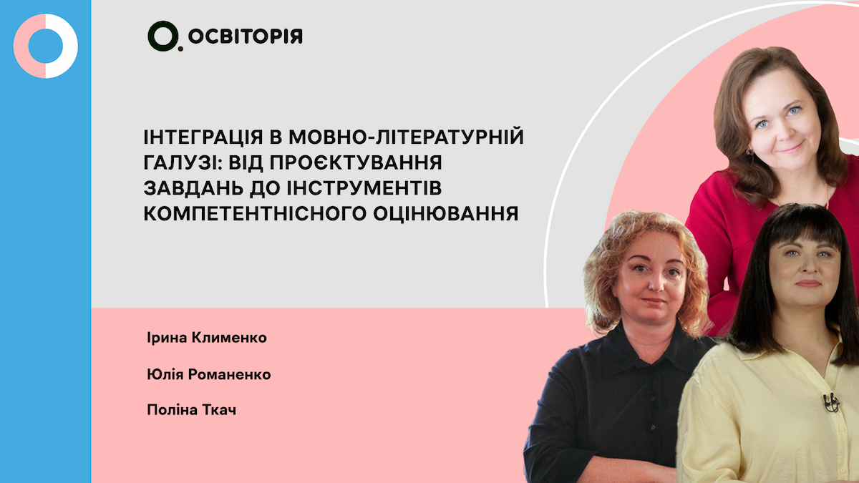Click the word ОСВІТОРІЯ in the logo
pos(246,36)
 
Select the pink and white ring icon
pos(45,46)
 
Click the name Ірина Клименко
pos(205,337)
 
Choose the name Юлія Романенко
pos(208,374)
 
